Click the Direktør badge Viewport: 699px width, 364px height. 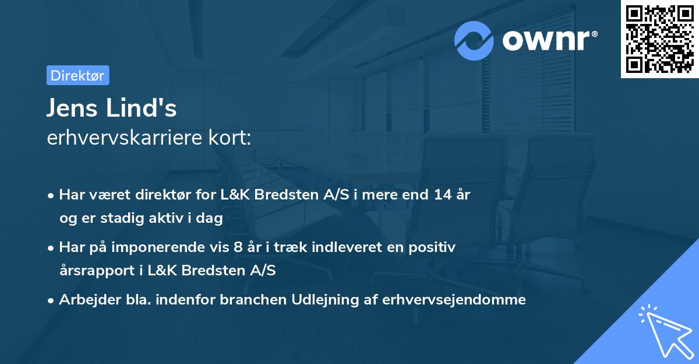[77, 75]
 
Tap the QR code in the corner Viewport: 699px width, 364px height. [659, 39]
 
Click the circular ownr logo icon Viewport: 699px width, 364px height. [474, 40]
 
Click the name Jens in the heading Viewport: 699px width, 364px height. [73, 108]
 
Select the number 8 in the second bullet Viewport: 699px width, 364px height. [237, 247]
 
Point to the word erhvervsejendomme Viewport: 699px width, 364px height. [454, 300]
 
